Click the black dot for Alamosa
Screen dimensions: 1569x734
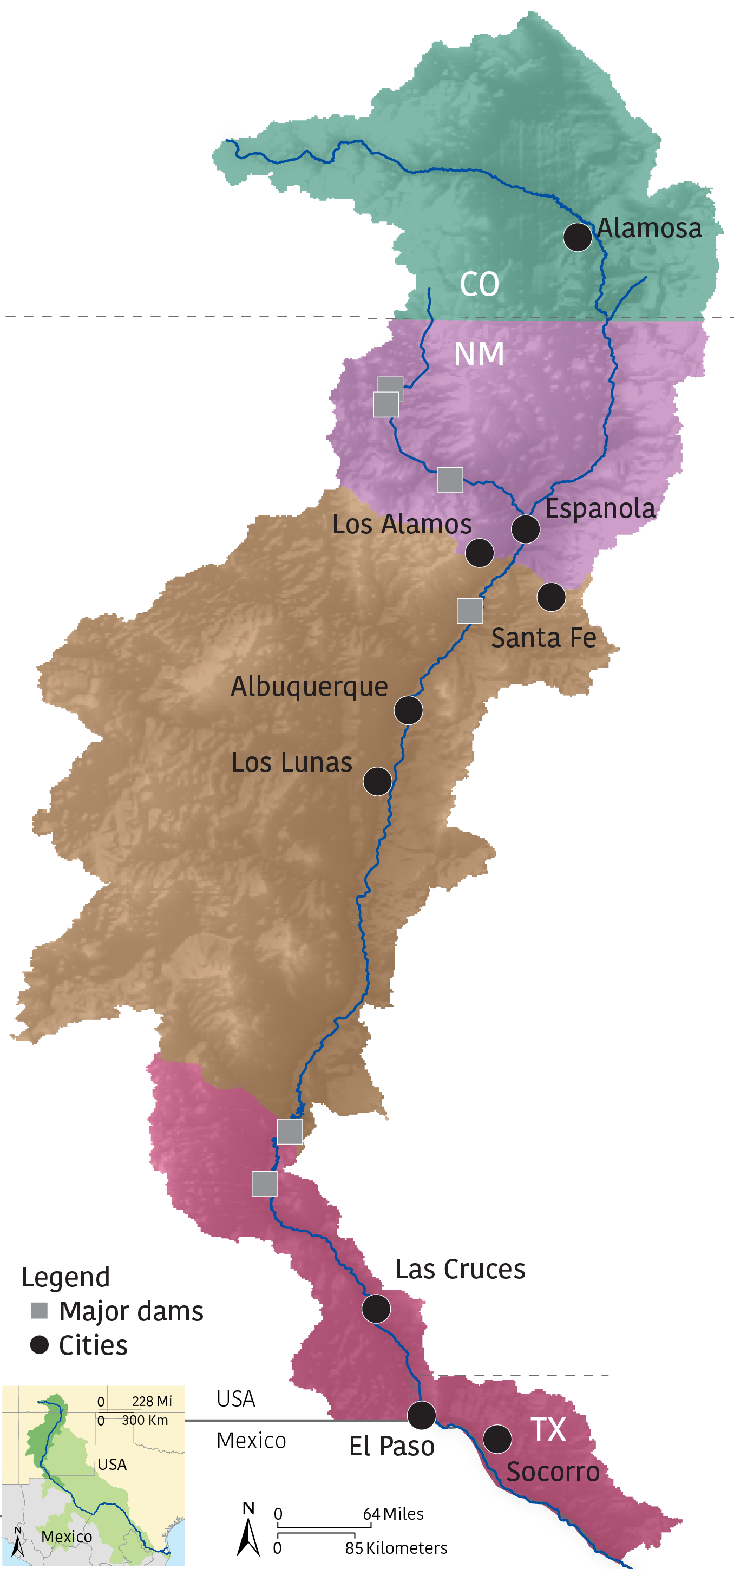point(578,236)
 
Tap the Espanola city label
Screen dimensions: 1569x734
point(600,508)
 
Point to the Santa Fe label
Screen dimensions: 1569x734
point(543,638)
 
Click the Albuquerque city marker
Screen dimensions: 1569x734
point(408,710)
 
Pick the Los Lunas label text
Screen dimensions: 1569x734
point(292,762)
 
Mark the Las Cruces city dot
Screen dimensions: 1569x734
point(376,1308)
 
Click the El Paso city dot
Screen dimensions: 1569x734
point(422,1415)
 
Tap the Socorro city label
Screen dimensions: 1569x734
point(553,1472)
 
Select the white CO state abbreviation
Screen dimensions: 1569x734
point(480,284)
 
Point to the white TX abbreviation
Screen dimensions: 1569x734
point(548,1429)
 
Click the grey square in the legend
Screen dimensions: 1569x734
point(40,1311)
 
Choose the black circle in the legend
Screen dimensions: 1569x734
point(40,1345)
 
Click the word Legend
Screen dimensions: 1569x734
point(66,1277)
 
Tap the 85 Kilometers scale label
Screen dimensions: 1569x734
point(396,1548)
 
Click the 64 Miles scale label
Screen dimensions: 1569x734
point(393,1514)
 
